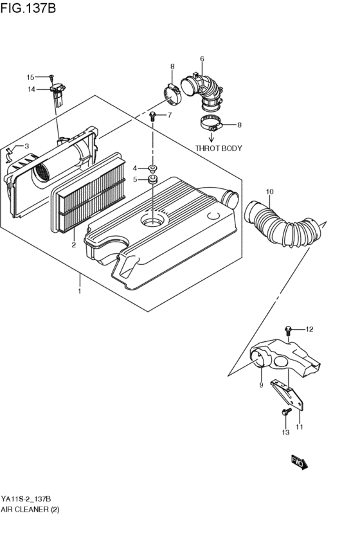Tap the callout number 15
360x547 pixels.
pyautogui.click(x=30, y=77)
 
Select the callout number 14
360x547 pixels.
pyautogui.click(x=30, y=89)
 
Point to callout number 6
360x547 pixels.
pyautogui.click(x=202, y=59)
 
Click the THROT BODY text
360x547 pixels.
pyautogui.click(x=219, y=148)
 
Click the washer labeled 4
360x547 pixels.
pyautogui.click(x=153, y=168)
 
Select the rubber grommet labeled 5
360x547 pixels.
pyautogui.click(x=153, y=179)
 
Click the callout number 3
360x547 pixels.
pyautogui.click(x=26, y=146)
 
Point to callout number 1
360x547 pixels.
pyautogui.click(x=79, y=291)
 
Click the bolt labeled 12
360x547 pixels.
pyautogui.click(x=289, y=330)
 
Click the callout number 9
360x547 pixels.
pyautogui.click(x=262, y=385)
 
